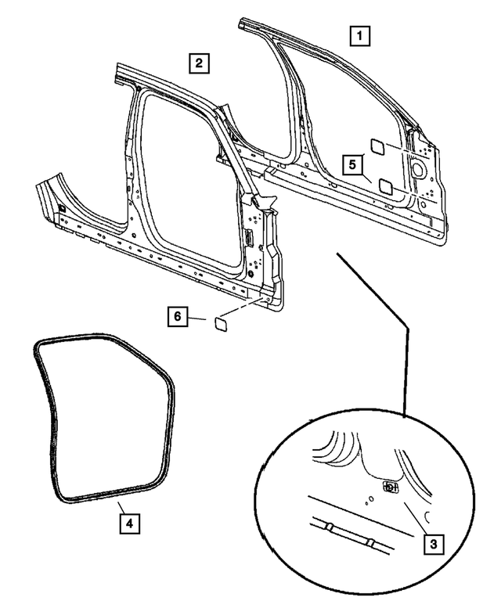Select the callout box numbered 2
tap(199, 63)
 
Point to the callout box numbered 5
tap(353, 165)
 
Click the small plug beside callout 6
tap(219, 321)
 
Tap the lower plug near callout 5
tap(385, 185)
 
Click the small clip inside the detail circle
tap(390, 487)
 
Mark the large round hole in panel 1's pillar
tap(416, 168)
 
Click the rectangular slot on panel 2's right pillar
tap(248, 238)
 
